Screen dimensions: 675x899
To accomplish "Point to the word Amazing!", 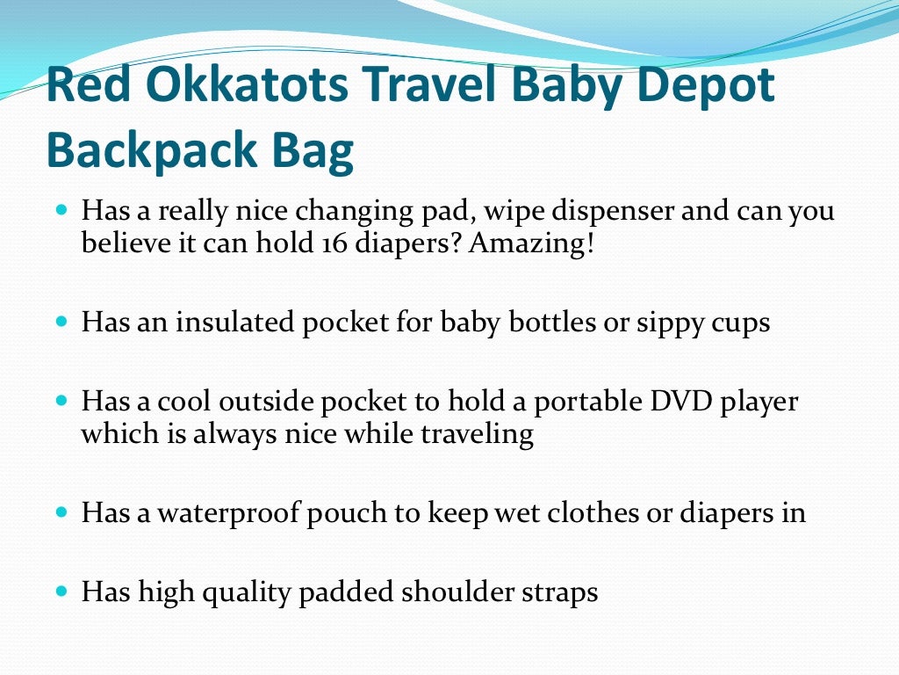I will [x=531, y=243].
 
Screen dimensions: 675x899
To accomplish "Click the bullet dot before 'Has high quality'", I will [x=61, y=592].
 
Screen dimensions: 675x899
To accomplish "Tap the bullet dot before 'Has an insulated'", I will [x=61, y=323].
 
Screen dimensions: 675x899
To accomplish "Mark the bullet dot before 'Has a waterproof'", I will [x=61, y=512].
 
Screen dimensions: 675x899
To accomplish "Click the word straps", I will [x=565, y=592].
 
